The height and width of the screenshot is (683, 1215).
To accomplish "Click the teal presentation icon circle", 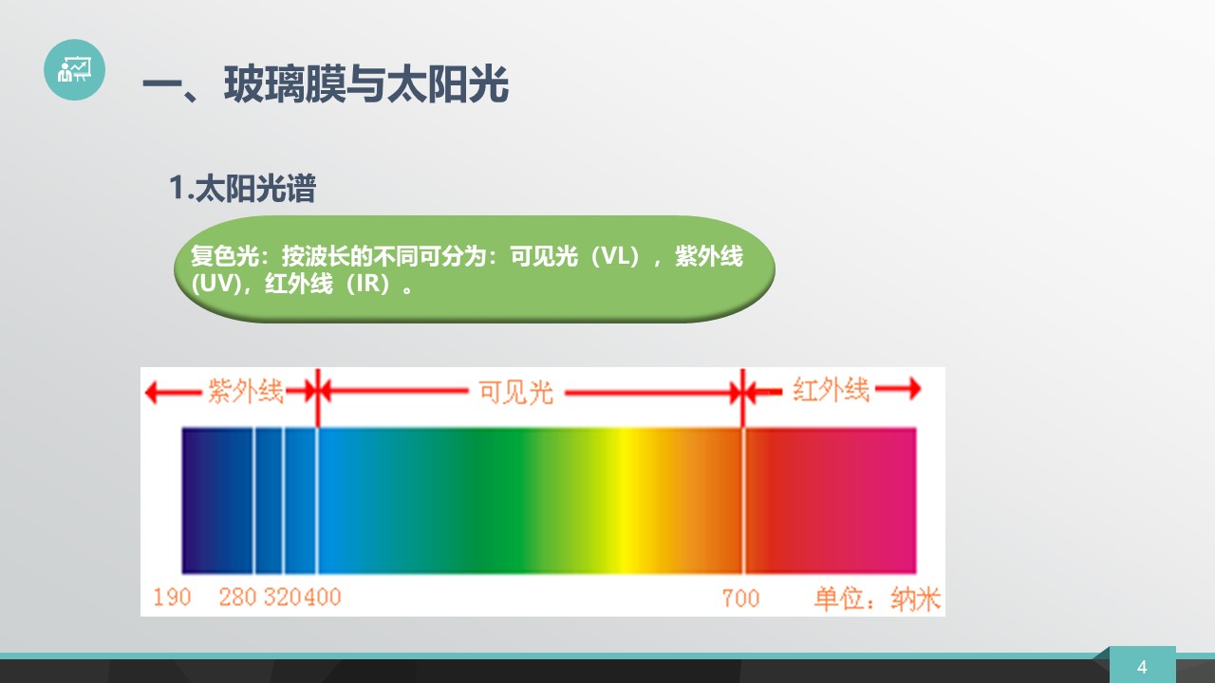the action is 74,69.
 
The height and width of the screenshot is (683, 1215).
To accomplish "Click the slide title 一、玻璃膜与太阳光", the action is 326,84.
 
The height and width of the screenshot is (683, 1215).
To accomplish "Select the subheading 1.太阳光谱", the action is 242,188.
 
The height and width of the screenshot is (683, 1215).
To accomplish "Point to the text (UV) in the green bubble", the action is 215,284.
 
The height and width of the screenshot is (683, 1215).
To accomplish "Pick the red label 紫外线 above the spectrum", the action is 246,391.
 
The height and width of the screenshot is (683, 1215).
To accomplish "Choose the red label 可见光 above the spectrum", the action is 515,392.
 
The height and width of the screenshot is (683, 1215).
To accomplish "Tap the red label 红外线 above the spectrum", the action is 831,390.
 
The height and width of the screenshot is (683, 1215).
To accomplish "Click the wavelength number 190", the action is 172,598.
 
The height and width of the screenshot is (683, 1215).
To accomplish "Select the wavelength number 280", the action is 237,598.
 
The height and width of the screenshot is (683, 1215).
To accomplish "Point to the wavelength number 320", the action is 283,598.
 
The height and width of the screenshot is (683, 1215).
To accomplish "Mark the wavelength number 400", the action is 322,598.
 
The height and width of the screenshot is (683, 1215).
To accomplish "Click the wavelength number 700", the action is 741,599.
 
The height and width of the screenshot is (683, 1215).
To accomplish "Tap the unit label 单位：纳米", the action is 877,599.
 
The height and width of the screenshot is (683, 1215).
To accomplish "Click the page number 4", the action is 1142,667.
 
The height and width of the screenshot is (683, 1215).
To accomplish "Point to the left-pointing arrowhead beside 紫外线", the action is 151,392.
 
